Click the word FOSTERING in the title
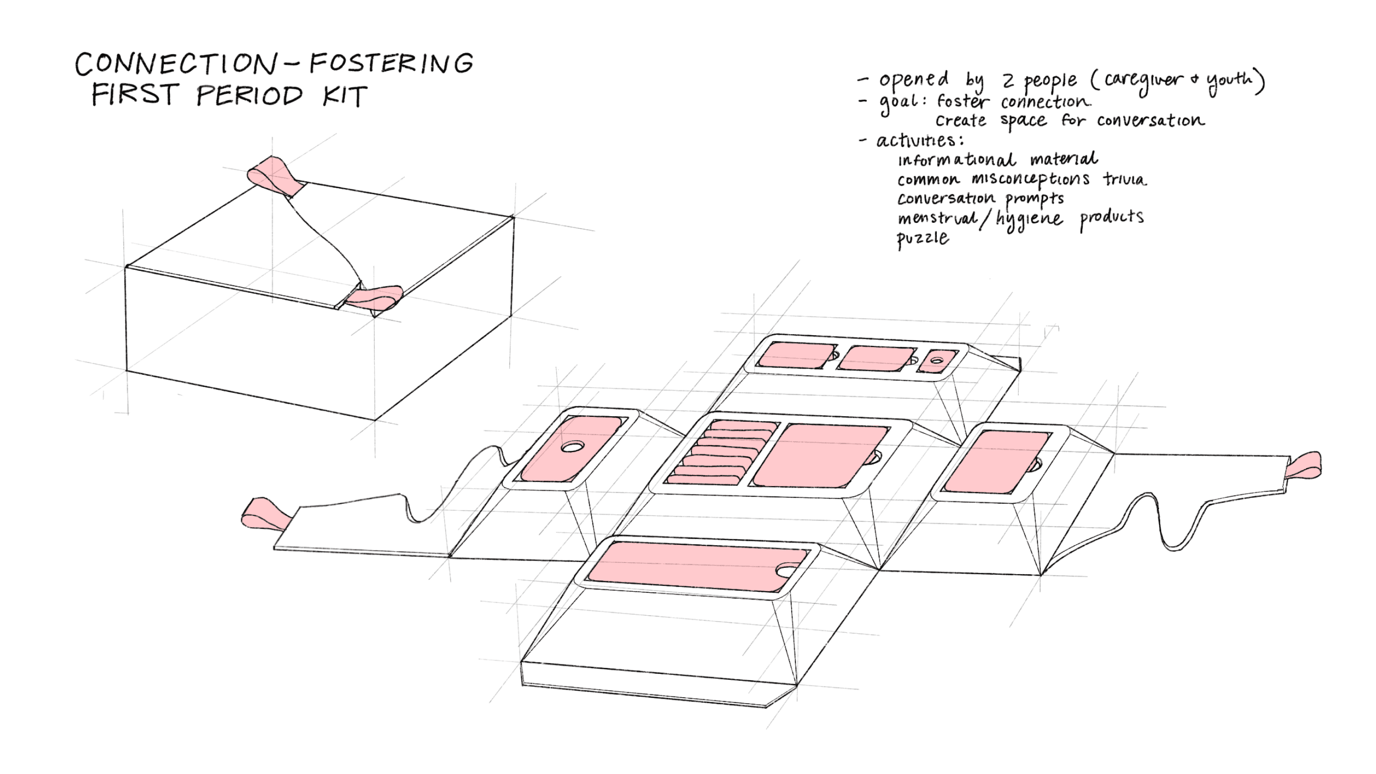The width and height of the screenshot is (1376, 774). tap(391, 63)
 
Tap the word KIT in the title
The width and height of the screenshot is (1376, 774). tap(344, 96)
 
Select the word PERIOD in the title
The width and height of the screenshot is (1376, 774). tap(250, 96)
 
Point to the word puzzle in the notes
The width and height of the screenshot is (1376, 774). tap(923, 238)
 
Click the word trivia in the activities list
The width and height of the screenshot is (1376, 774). tap(1124, 179)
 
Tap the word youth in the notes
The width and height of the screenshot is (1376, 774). tap(1229, 81)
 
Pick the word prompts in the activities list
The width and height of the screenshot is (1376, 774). tap(1034, 199)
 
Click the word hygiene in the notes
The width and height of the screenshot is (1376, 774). tap(1028, 219)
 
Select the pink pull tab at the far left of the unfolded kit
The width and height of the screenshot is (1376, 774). tap(265, 515)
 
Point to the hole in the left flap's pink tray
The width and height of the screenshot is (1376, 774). tap(572, 447)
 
